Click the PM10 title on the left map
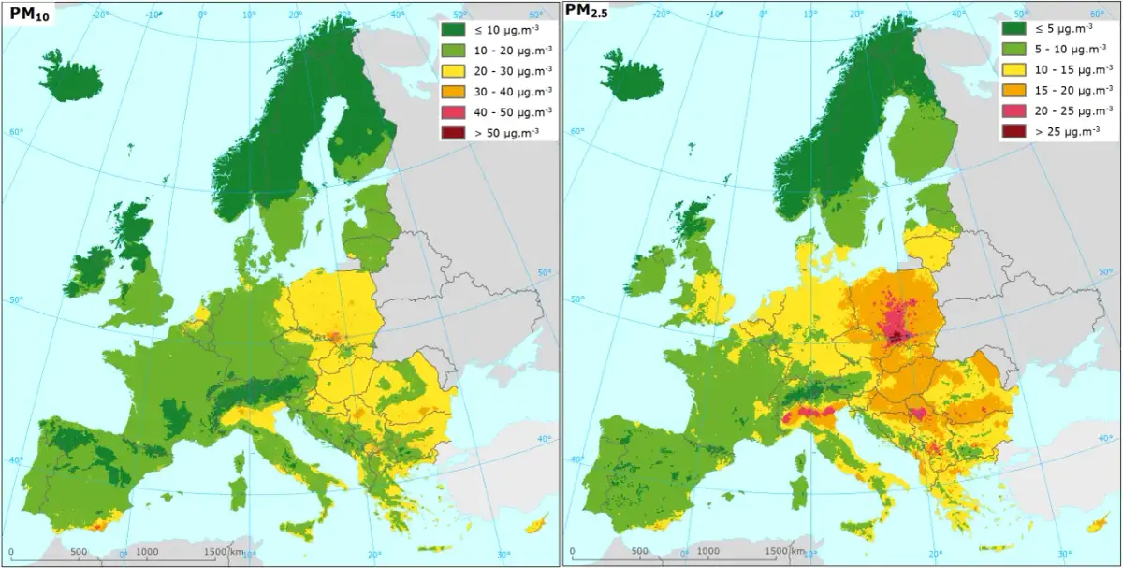(29, 15)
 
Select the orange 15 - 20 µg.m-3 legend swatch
(1014, 91)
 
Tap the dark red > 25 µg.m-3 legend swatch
(1014, 132)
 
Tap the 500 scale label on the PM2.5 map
(640, 552)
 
